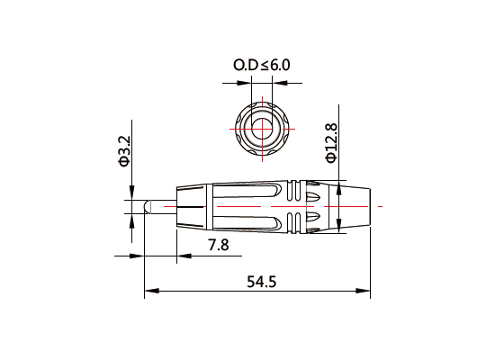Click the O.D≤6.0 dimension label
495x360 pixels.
[x=262, y=65]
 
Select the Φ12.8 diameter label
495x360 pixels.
[x=331, y=142]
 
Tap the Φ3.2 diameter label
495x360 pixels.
[x=125, y=151]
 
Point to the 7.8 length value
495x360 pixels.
[x=219, y=245]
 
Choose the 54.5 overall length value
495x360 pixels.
[x=259, y=281]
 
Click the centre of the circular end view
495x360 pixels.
[x=263, y=126]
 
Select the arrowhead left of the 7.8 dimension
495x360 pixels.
[x=137, y=256]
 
